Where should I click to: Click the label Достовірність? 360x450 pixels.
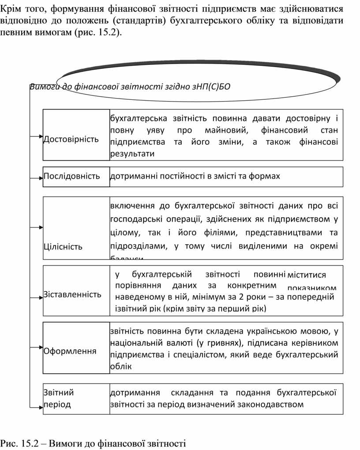(71, 140)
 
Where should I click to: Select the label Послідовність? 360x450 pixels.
(72, 176)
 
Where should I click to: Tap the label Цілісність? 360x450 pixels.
(63, 246)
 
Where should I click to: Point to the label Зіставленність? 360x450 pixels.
(72, 294)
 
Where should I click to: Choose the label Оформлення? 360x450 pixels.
(70, 352)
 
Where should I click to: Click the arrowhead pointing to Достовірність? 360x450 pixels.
(40, 136)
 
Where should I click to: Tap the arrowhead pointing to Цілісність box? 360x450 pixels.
(40, 227)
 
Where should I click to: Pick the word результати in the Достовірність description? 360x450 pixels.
(132, 154)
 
